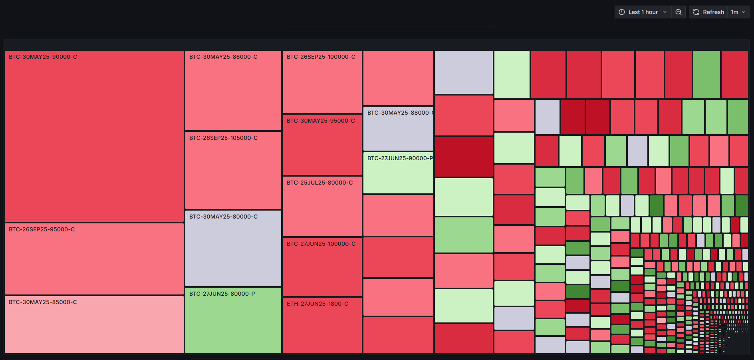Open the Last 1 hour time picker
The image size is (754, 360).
pos(643,12)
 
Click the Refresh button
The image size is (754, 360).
pos(709,12)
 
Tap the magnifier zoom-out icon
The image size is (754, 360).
pos(679,12)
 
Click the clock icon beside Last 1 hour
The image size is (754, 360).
pos(622,12)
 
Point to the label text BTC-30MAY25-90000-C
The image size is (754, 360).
pos(43,57)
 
